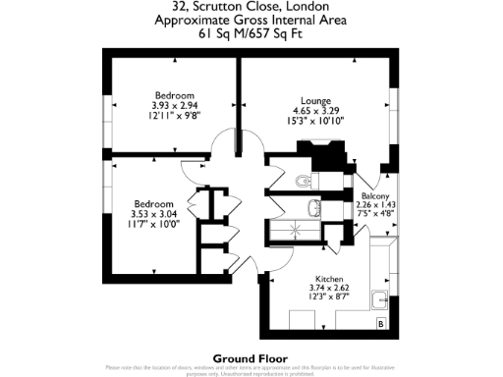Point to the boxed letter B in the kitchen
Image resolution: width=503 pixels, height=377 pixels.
pyautogui.click(x=380, y=322)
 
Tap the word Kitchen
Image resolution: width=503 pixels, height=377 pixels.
pyautogui.click(x=328, y=278)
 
